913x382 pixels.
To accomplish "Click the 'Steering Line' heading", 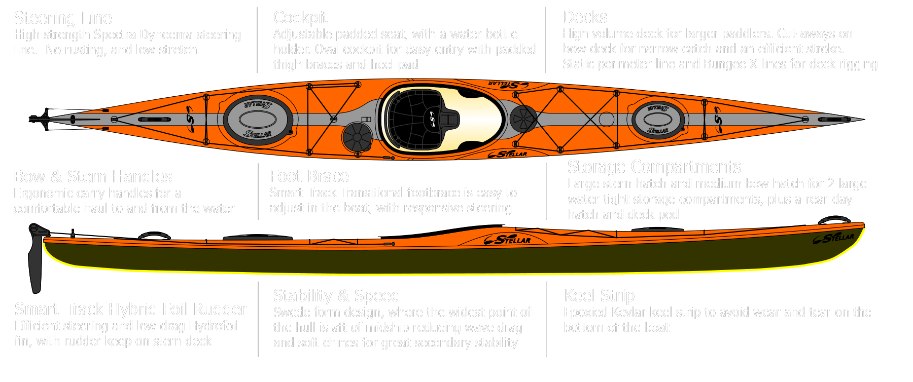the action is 63,18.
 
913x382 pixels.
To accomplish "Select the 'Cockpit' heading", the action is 300,18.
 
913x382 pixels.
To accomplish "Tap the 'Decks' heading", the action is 585,17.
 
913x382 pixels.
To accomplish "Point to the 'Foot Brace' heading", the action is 309,176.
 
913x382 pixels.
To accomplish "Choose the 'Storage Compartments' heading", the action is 654,167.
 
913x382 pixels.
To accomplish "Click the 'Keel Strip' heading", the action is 599,295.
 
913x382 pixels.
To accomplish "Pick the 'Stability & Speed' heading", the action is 336,295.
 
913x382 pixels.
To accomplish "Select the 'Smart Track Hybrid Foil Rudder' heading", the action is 130,309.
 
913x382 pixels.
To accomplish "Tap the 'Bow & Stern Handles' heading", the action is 93,176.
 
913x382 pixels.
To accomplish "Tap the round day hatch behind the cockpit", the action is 357,137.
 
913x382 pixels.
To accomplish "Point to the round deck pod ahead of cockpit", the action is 523,119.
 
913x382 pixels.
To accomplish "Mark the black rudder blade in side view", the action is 36,263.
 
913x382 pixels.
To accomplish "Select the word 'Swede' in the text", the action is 291,312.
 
